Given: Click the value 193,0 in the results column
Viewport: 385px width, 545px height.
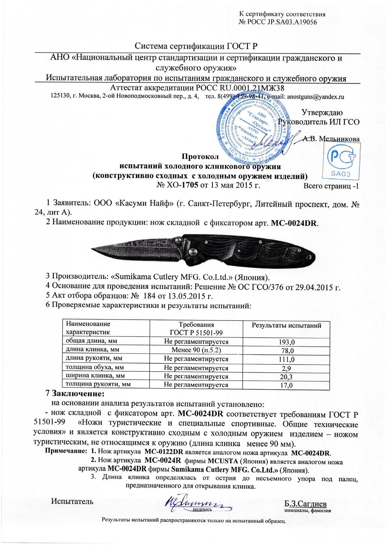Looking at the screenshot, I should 286,342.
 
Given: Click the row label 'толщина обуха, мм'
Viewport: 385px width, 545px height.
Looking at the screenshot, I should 91,368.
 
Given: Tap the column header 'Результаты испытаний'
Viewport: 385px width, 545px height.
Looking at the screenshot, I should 286,325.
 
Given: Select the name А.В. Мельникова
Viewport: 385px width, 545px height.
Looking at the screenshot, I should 332,139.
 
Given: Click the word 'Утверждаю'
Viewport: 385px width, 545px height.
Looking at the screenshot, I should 322,113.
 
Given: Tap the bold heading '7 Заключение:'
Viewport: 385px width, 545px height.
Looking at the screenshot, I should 74,393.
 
